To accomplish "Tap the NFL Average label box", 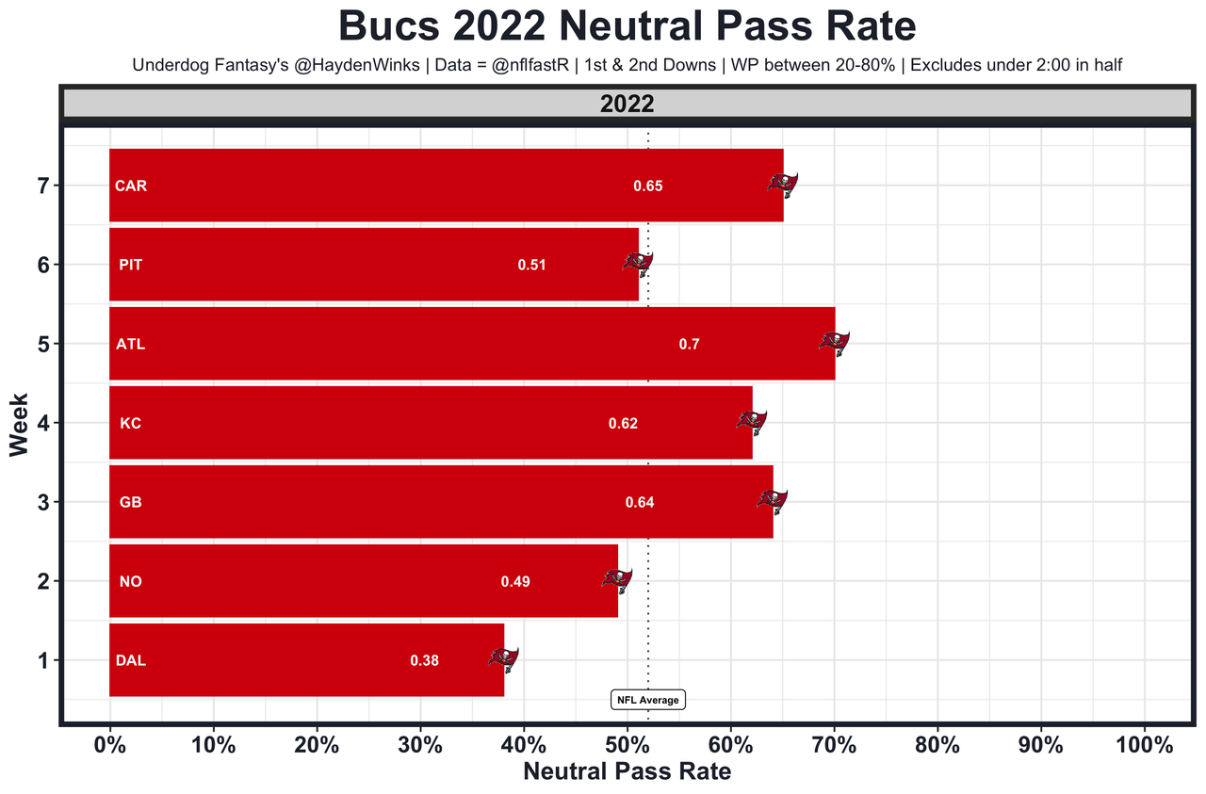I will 647,700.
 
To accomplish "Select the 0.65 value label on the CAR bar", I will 648,186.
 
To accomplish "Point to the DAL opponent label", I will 130,661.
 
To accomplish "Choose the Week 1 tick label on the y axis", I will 41,660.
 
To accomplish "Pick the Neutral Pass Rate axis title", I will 627,772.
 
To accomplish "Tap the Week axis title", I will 19,424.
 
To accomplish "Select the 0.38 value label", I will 424,661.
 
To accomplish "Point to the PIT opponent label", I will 130,266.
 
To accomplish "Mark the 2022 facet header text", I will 627,105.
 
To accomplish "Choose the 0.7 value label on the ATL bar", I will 689,345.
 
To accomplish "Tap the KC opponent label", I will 130,424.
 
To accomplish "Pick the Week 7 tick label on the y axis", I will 41,186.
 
